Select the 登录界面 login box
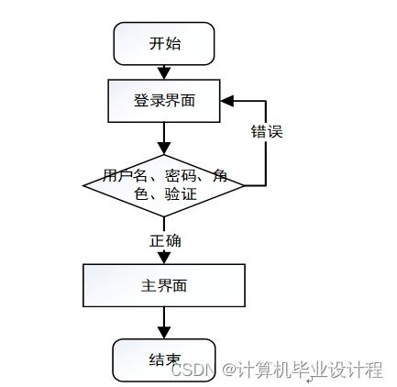coord(164,101)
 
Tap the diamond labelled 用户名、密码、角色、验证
coord(164,184)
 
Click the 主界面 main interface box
coord(163,285)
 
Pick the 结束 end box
coord(163,359)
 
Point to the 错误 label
coord(267,131)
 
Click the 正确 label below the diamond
coord(165,240)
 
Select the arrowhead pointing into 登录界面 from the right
coord(228,99)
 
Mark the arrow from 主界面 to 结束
coord(164,323)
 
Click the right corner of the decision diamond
coord(244,184)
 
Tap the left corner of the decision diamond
coord(84,184)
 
